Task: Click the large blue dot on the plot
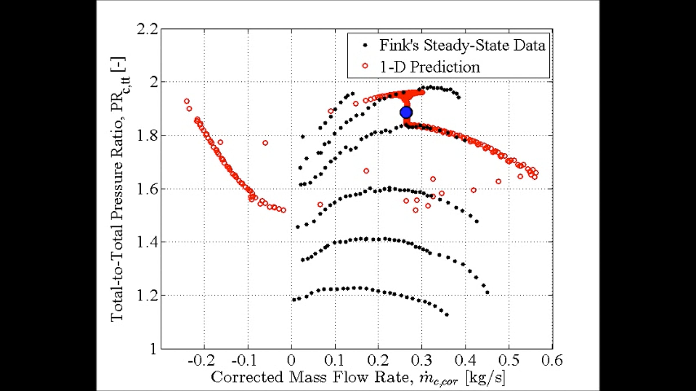(406, 112)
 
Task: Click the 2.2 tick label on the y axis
(148, 29)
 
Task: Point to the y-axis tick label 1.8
(148, 136)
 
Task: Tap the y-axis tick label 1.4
(148, 242)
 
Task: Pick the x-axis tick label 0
(291, 361)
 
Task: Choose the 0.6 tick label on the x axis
(552, 361)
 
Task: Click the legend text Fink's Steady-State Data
(463, 46)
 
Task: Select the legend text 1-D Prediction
(430, 67)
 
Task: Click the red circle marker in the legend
(365, 66)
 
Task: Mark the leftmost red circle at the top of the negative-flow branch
(187, 101)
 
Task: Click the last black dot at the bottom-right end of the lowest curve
(447, 315)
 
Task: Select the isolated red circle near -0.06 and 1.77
(265, 143)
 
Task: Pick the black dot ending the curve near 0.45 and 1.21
(487, 292)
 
